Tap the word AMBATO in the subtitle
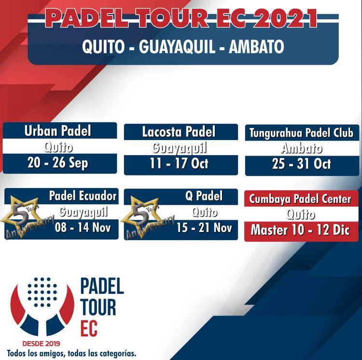(x=256, y=47)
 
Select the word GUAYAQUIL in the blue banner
(x=177, y=47)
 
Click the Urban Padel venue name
(x=58, y=131)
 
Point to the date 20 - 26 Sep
(x=58, y=163)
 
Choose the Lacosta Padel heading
(x=179, y=132)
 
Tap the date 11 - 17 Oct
(x=179, y=163)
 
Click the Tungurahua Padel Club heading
(x=301, y=133)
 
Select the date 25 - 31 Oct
(x=302, y=164)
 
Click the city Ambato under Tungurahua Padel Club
(x=302, y=148)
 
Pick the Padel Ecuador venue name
(x=83, y=196)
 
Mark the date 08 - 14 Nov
(x=83, y=228)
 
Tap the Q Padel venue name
(x=204, y=196)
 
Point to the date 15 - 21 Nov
(x=204, y=228)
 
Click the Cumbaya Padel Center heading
(x=300, y=199)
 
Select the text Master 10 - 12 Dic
(x=300, y=230)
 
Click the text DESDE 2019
(x=41, y=344)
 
